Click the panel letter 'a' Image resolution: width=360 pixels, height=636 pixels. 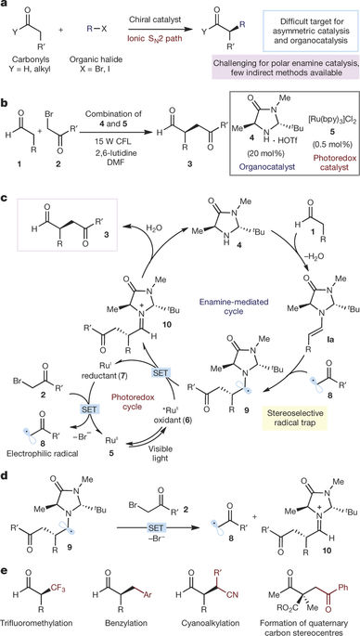(x=6, y=6)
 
